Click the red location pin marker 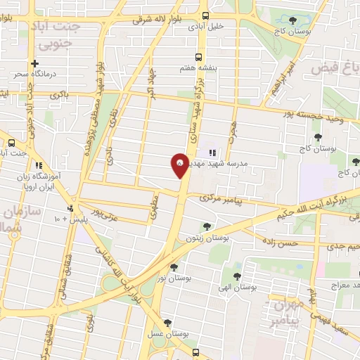tap(180, 166)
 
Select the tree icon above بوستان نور tap(174, 266)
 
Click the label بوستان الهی tap(235, 288)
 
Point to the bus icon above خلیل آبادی tap(205, 15)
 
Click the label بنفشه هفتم tap(194, 70)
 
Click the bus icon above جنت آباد tap(11, 141)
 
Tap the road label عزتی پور tap(93, 210)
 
